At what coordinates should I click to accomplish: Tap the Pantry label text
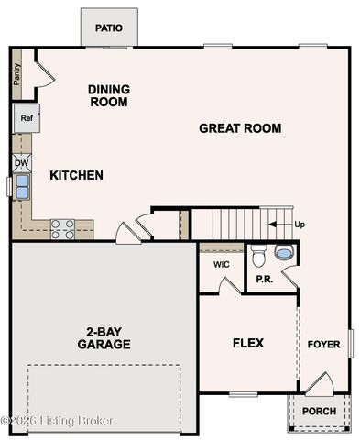tap(17, 73)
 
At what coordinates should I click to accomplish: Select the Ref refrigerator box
tap(25, 117)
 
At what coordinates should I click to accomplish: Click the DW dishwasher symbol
tap(22, 163)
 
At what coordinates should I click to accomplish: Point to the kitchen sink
tap(21, 186)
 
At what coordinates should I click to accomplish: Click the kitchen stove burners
tap(62, 228)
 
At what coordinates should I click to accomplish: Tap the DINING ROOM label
tap(108, 95)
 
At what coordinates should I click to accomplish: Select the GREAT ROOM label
tap(240, 128)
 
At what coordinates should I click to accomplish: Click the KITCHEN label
tap(76, 175)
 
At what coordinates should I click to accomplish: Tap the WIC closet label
tap(221, 264)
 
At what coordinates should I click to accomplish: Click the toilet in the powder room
tap(258, 252)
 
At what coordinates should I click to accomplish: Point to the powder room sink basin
tap(285, 252)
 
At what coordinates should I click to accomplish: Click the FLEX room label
tap(247, 343)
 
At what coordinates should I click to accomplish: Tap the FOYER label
tap(323, 345)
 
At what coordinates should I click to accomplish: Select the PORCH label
tap(319, 411)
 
